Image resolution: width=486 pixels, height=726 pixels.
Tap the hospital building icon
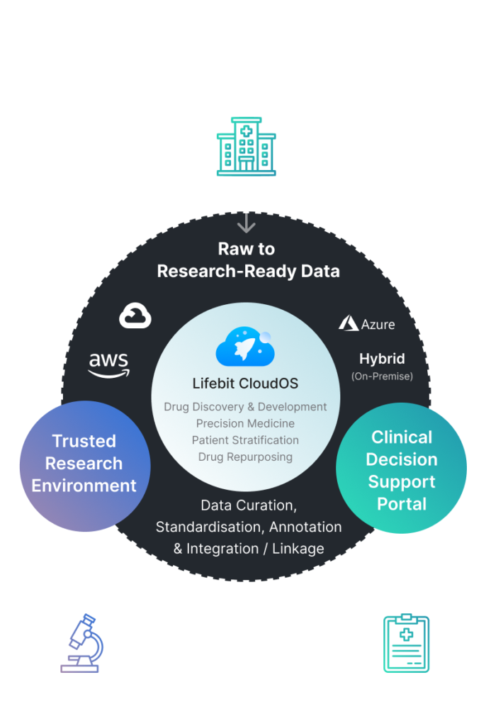pos(246,147)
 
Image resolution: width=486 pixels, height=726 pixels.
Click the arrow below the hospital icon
pos(246,211)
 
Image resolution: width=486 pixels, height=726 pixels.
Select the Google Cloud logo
pos(135,315)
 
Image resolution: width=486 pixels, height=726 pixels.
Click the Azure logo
pos(367,324)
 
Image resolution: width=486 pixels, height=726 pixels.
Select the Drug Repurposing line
pos(245,457)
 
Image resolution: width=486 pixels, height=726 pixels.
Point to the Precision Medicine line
pos(245,423)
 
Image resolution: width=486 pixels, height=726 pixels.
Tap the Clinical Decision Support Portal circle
pos(401,470)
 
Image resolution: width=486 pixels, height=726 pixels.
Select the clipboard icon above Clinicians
pos(406,643)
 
